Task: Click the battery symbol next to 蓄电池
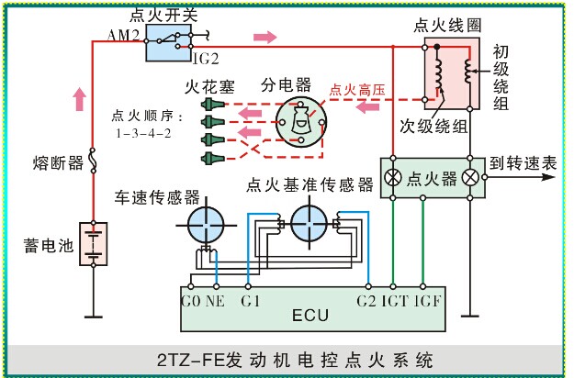click(93, 244)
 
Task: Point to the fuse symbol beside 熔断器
click(93, 162)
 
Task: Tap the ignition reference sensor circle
click(310, 223)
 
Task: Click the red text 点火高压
click(359, 89)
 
